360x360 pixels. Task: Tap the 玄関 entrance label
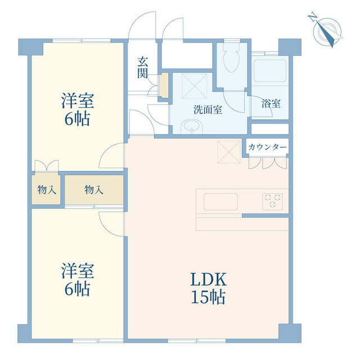(x=142, y=67)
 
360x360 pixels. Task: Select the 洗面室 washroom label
(x=208, y=110)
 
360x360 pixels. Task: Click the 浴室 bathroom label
(x=271, y=103)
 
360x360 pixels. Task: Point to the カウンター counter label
(x=267, y=147)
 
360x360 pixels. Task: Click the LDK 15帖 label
(x=208, y=288)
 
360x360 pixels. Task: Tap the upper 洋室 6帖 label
(x=77, y=110)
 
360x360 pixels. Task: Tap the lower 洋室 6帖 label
(x=77, y=280)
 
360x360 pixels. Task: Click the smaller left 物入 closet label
(x=47, y=190)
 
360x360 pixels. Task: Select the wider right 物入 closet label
(x=93, y=190)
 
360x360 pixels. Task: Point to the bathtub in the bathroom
(x=270, y=71)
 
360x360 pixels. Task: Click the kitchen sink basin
(x=220, y=201)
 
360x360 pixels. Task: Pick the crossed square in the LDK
(x=229, y=150)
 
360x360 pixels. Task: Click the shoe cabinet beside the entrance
(x=164, y=84)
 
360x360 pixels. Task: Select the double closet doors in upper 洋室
(x=46, y=166)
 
